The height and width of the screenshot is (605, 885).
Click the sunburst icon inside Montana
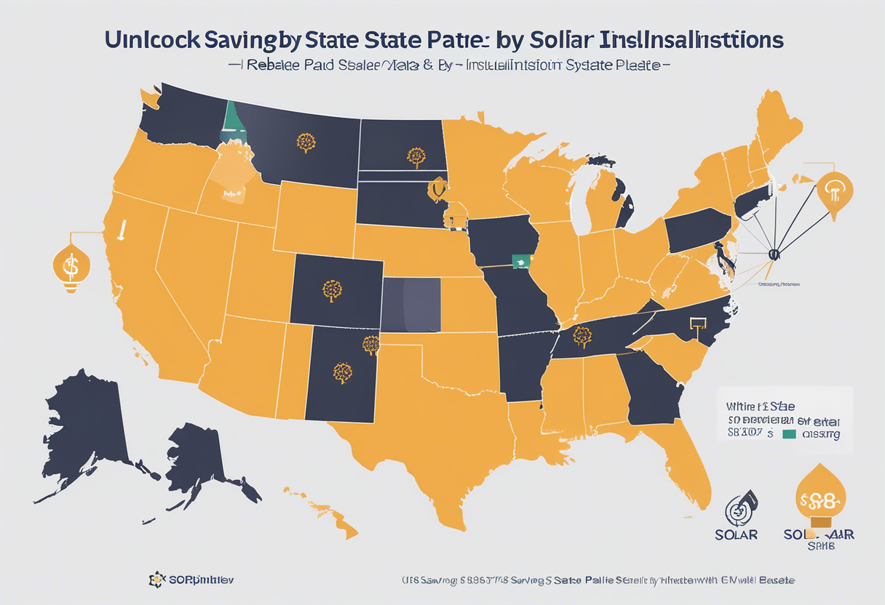pos(306,142)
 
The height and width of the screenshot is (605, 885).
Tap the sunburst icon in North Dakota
pos(416,156)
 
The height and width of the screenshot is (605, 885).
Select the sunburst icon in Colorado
pos(333,290)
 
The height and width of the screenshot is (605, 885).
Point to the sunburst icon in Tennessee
pos(582,336)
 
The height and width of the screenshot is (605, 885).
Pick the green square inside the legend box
pos(787,434)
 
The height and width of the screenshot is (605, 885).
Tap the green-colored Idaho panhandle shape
pos(232,121)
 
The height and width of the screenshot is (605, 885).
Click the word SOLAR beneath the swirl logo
pos(736,534)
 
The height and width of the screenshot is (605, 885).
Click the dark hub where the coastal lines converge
pos(774,255)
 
